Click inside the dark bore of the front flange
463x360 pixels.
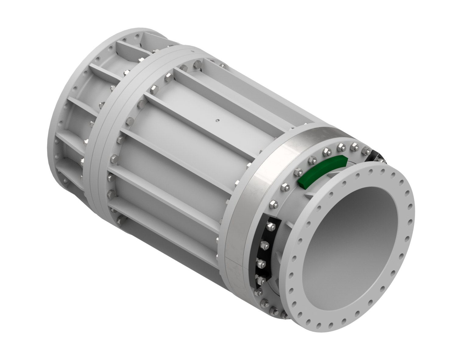coord(347,244)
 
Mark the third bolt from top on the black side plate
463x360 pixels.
coord(261,262)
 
